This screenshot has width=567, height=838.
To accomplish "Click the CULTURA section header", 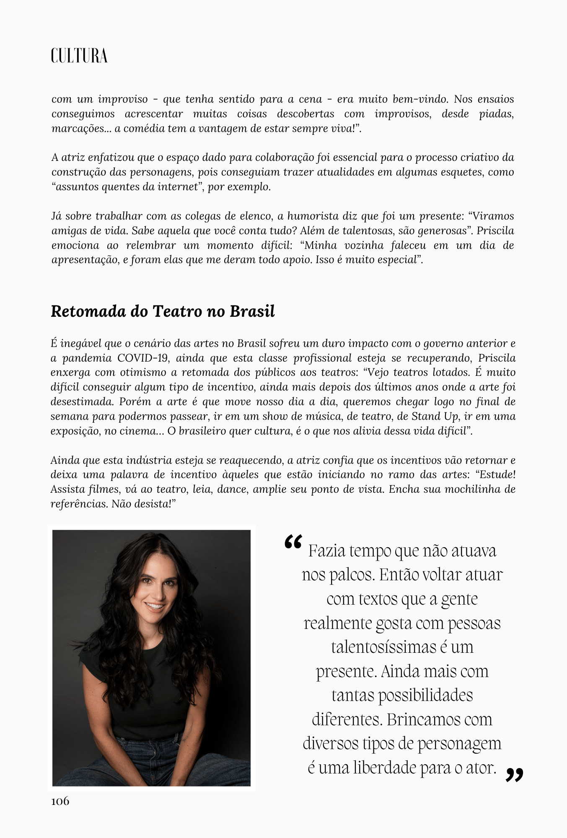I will (79, 56).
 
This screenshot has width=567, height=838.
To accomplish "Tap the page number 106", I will (60, 801).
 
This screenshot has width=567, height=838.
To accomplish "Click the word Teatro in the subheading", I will (177, 311).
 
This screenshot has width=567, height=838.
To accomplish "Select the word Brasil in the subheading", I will (252, 311).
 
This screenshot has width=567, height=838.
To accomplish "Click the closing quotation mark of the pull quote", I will (514, 775).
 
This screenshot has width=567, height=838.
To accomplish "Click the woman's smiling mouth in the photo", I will (155, 606).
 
